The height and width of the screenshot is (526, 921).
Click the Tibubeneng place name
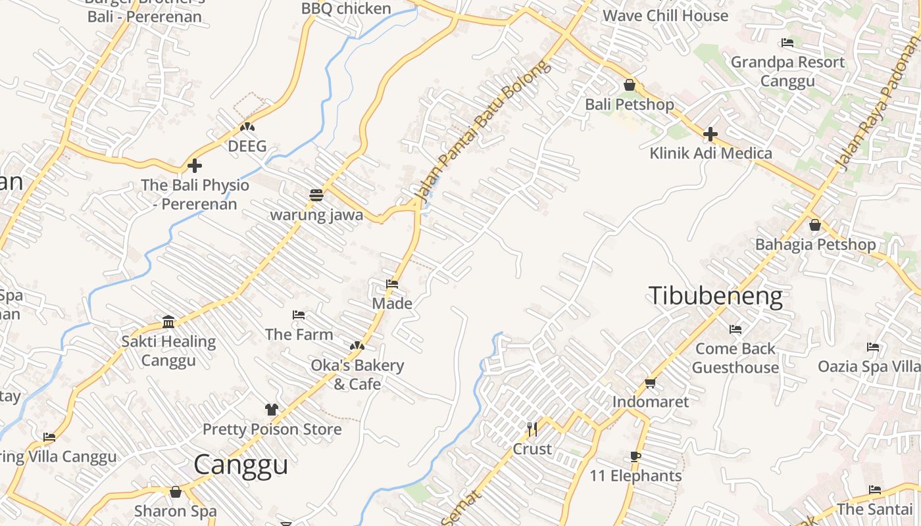coord(715,296)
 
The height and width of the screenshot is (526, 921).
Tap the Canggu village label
coord(241,465)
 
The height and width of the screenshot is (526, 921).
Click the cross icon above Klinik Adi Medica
coord(710,135)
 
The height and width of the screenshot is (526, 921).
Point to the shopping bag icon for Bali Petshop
coord(629,85)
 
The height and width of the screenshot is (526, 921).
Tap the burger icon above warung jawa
coord(316,195)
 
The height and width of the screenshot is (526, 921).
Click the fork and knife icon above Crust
coord(532,429)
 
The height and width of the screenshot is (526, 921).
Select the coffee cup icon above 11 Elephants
coord(635,456)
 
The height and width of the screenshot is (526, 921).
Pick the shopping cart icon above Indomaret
coord(650,383)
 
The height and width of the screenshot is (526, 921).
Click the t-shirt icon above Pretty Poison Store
coord(272,410)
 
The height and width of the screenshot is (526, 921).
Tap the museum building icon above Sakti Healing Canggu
coord(168,322)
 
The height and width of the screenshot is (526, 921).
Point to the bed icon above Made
coord(392,284)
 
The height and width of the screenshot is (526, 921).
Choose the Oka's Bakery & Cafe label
coord(357,374)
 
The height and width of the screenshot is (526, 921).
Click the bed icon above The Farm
coord(299,315)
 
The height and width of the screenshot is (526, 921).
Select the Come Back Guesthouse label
coord(735,358)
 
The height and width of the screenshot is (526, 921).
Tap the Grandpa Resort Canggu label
coord(787,71)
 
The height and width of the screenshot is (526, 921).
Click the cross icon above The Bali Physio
coord(195,166)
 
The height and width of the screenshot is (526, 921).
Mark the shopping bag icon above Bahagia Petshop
coord(815,226)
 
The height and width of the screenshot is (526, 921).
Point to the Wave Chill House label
coord(665,15)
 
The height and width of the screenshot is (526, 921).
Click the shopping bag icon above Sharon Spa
coord(176,492)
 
